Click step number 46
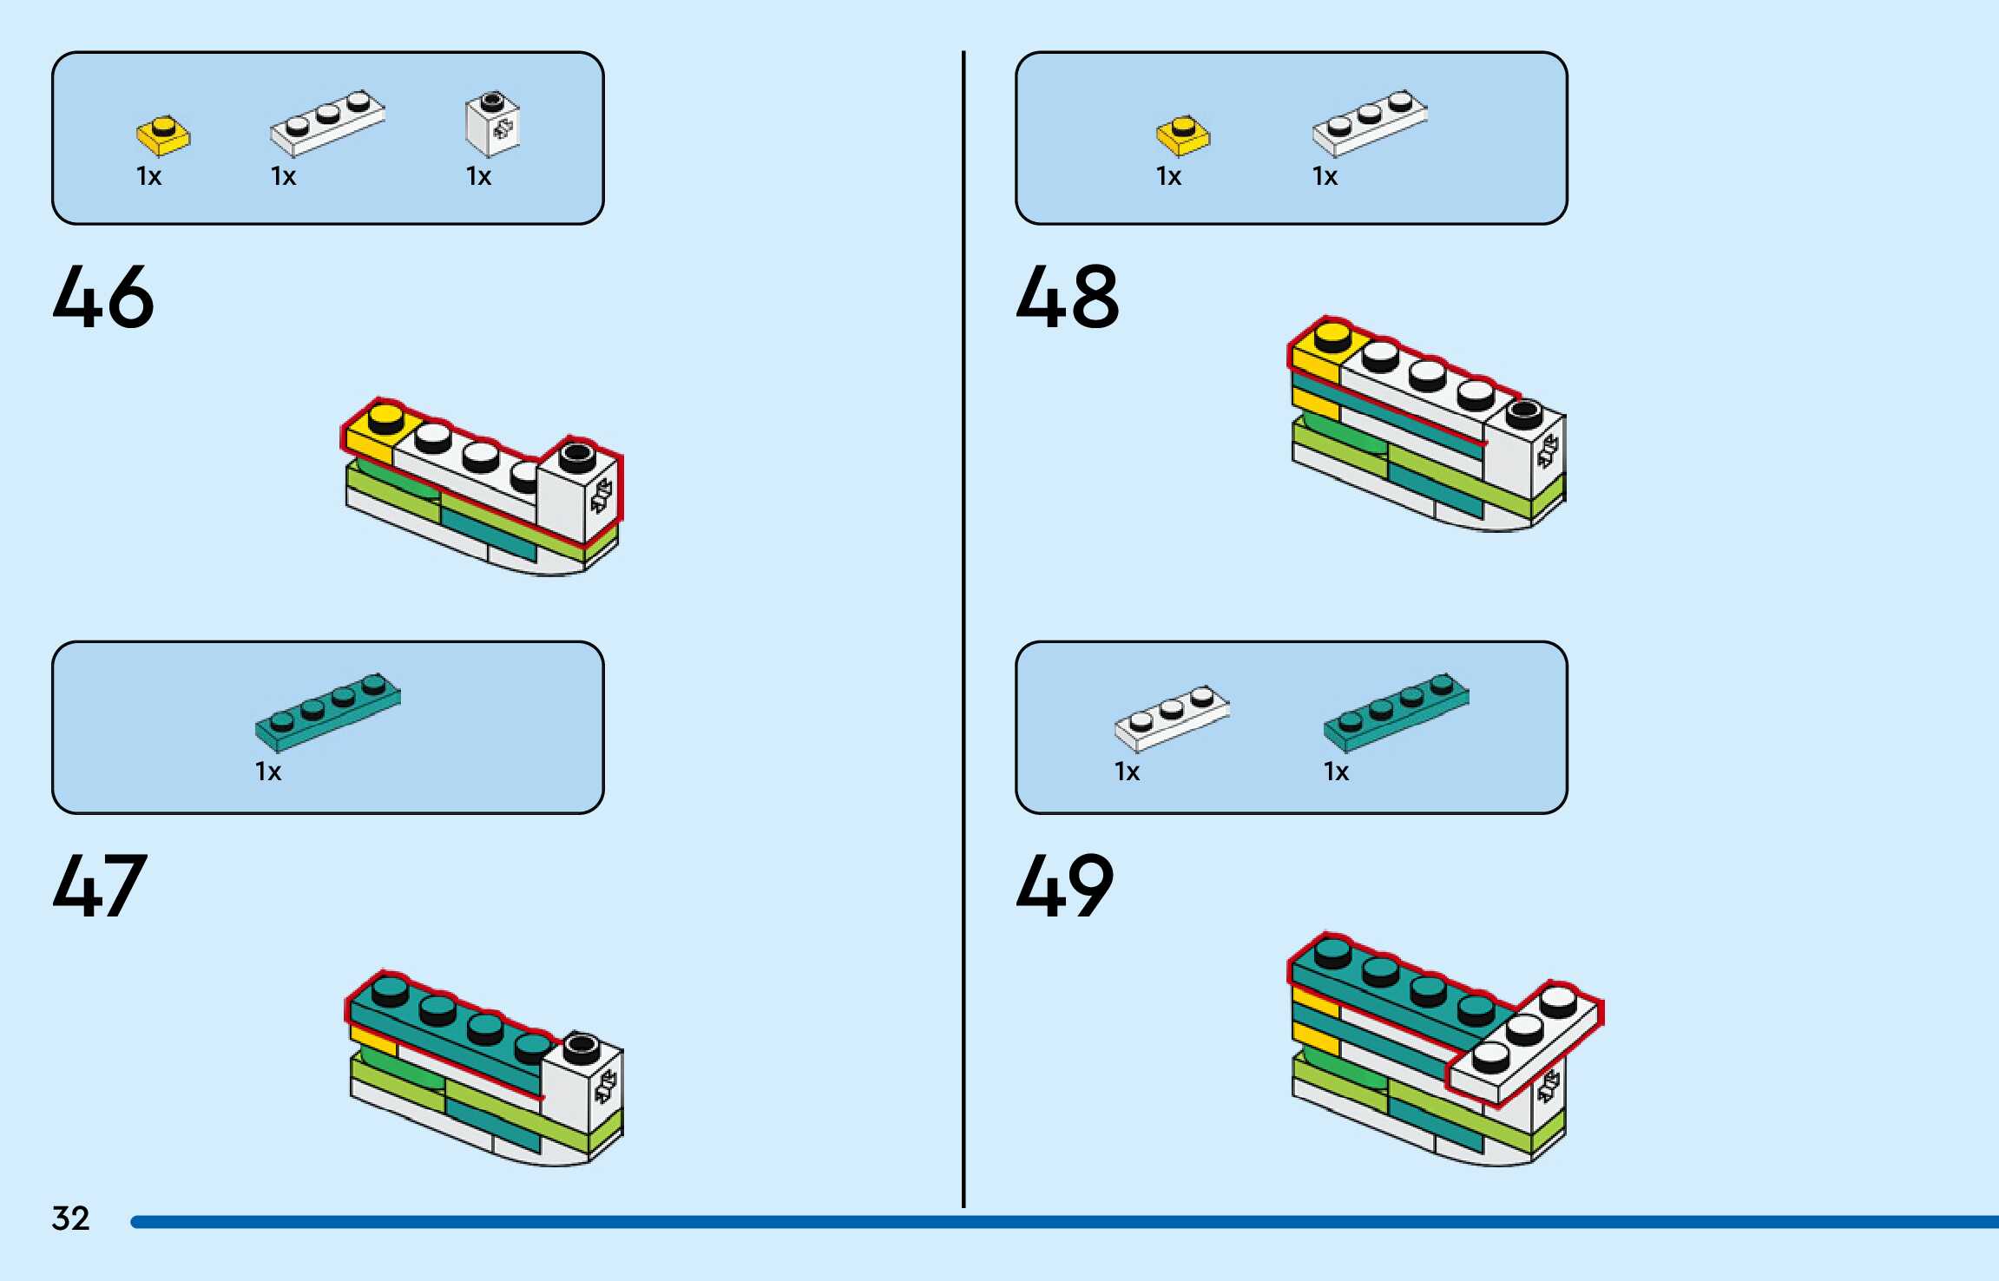(103, 297)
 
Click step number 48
(1068, 297)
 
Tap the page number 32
(70, 1219)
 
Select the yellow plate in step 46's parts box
(163, 135)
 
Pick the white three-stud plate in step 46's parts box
(327, 122)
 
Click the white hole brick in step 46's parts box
(492, 125)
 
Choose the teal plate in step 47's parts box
(327, 712)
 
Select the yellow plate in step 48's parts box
(1182, 135)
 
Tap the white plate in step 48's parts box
(1369, 122)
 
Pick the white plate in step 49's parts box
(1172, 718)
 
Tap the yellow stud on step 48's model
(1332, 333)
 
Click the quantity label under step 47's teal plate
(268, 772)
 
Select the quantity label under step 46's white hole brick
(478, 176)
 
